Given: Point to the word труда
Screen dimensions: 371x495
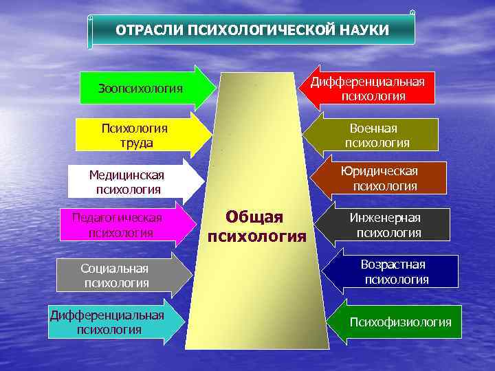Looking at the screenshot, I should coord(135,143).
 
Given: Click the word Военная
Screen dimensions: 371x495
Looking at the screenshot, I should coord(373,128).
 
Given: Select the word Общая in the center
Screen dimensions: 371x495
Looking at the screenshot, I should coord(254,217).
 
